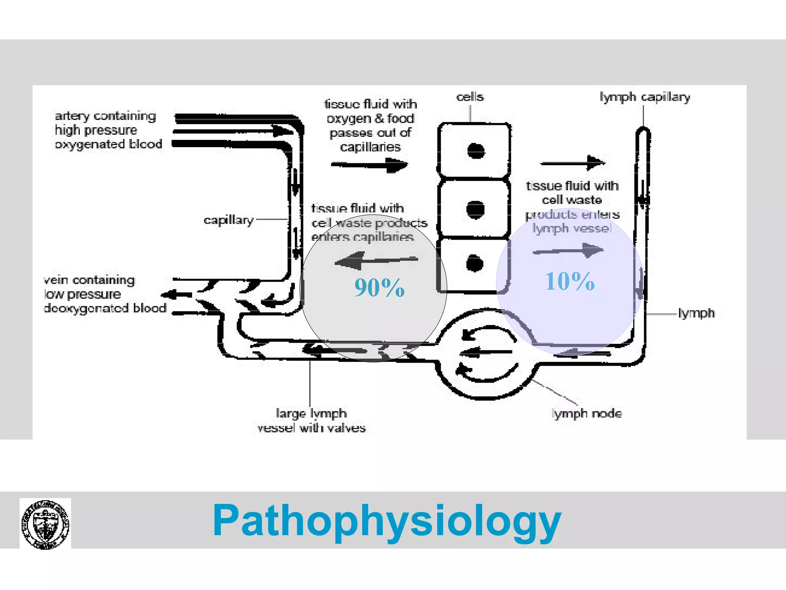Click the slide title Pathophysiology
[x=387, y=521]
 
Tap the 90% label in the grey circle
[x=379, y=288]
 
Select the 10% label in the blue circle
[x=570, y=281]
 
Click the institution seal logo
[x=45, y=524]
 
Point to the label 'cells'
[x=470, y=97]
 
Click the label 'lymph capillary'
[x=645, y=97]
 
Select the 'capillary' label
[x=229, y=220]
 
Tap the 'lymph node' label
[x=587, y=414]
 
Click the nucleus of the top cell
[x=476, y=151]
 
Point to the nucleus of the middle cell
[x=475, y=210]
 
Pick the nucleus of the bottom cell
[x=474, y=264]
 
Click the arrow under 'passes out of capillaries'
[x=369, y=166]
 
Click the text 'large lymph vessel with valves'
[x=311, y=421]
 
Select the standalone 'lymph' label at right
[x=696, y=313]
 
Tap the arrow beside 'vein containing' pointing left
[x=176, y=295]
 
